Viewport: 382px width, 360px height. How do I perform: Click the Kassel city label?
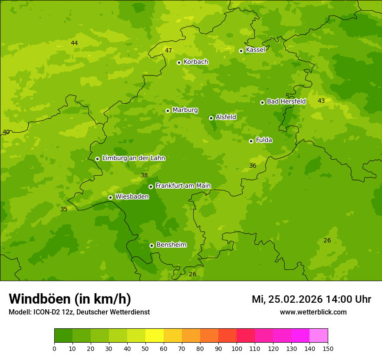(255, 50)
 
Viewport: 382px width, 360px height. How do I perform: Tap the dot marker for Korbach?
(179, 62)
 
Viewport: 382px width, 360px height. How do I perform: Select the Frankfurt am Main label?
(183, 186)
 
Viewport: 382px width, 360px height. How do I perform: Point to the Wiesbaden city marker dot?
(110, 197)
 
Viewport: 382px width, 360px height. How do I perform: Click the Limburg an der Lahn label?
(133, 158)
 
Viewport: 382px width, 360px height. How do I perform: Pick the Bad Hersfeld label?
(286, 101)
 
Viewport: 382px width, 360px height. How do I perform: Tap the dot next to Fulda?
(251, 141)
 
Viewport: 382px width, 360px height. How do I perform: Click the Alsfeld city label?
(226, 117)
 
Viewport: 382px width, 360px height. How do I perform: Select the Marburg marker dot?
(168, 111)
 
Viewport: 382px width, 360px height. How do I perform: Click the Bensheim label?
(171, 245)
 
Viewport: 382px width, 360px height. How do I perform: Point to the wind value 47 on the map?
(168, 50)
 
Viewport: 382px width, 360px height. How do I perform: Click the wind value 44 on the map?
(74, 43)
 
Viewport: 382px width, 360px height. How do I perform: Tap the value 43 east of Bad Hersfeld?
(321, 101)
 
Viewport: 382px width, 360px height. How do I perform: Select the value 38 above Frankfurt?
(145, 176)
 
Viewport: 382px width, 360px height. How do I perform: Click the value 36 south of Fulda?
(253, 166)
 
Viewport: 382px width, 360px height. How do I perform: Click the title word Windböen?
(40, 299)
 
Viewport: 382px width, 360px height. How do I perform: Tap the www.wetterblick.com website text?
(313, 312)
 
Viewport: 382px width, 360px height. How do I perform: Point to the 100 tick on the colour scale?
(237, 348)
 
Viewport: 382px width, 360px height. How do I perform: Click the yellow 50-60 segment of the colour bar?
(155, 336)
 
